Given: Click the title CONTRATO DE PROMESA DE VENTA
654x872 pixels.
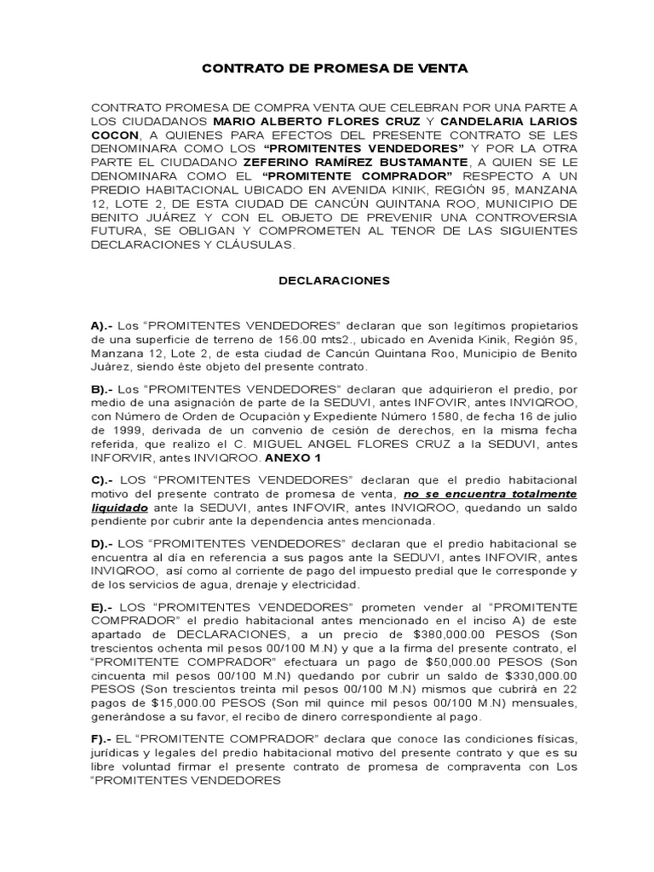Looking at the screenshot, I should (335, 68).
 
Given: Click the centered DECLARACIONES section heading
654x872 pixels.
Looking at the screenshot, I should (335, 279).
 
